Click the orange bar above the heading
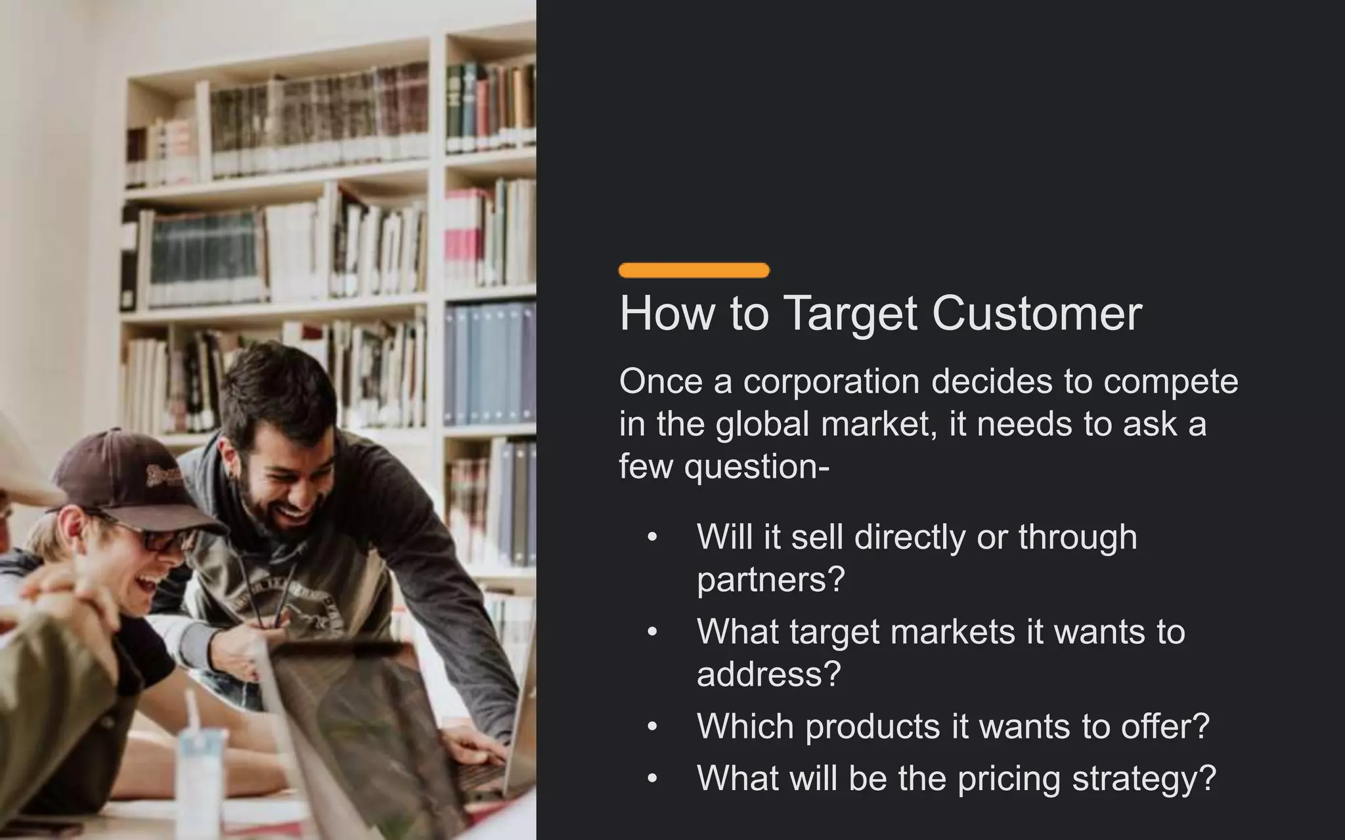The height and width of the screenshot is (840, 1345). pyautogui.click(x=694, y=270)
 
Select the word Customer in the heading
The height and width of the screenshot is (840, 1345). pyautogui.click(x=1037, y=314)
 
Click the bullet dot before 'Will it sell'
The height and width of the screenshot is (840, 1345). pyautogui.click(x=651, y=537)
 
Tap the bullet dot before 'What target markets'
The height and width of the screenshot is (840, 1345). pyautogui.click(x=651, y=632)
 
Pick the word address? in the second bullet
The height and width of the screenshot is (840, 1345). pyautogui.click(x=768, y=674)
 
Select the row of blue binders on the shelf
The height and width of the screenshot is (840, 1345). pyautogui.click(x=489, y=364)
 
